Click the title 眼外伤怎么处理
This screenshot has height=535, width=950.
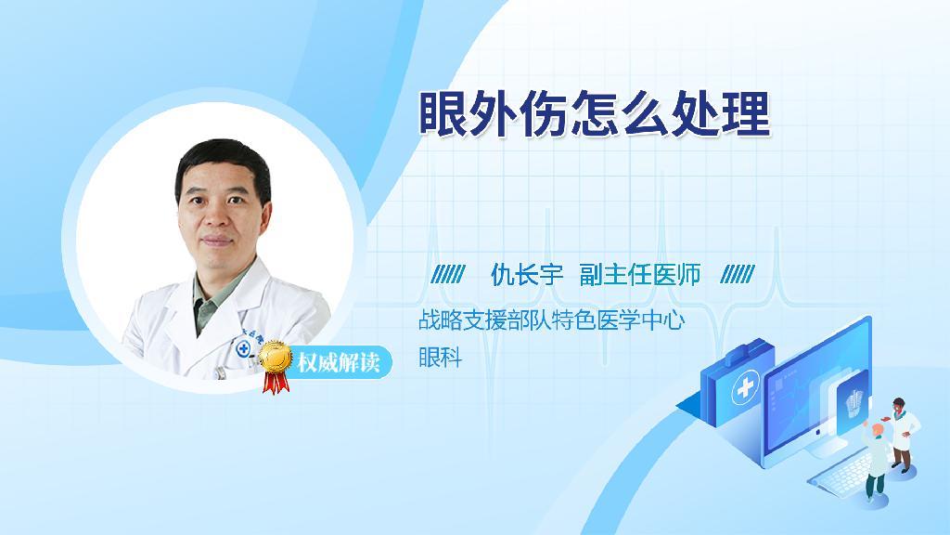595,114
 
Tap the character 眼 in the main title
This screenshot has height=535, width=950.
443,114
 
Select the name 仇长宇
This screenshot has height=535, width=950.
527,275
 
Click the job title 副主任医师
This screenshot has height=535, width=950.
640,275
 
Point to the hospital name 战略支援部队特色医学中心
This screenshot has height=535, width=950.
552,320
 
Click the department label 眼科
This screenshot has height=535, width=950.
441,358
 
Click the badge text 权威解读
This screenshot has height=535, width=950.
338,362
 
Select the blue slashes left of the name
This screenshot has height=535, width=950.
448,275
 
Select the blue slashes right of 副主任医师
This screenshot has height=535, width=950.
738,275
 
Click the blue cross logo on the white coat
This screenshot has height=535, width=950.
244,348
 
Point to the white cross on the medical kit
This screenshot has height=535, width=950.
746,387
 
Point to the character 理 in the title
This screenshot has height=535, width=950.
748,114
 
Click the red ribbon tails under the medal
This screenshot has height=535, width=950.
276,382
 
